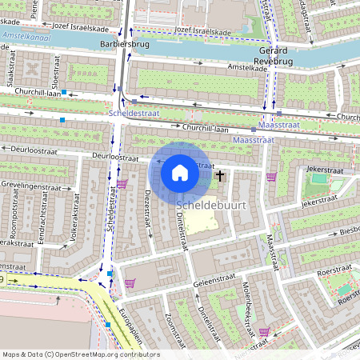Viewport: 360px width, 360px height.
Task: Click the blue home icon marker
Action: [x=180, y=172]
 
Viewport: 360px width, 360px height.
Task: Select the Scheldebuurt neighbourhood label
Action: [x=210, y=206]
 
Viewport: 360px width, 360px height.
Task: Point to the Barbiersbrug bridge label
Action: [x=121, y=45]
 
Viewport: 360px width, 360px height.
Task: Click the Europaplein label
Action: [x=129, y=320]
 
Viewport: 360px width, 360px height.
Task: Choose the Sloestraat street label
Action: [x=55, y=70]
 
